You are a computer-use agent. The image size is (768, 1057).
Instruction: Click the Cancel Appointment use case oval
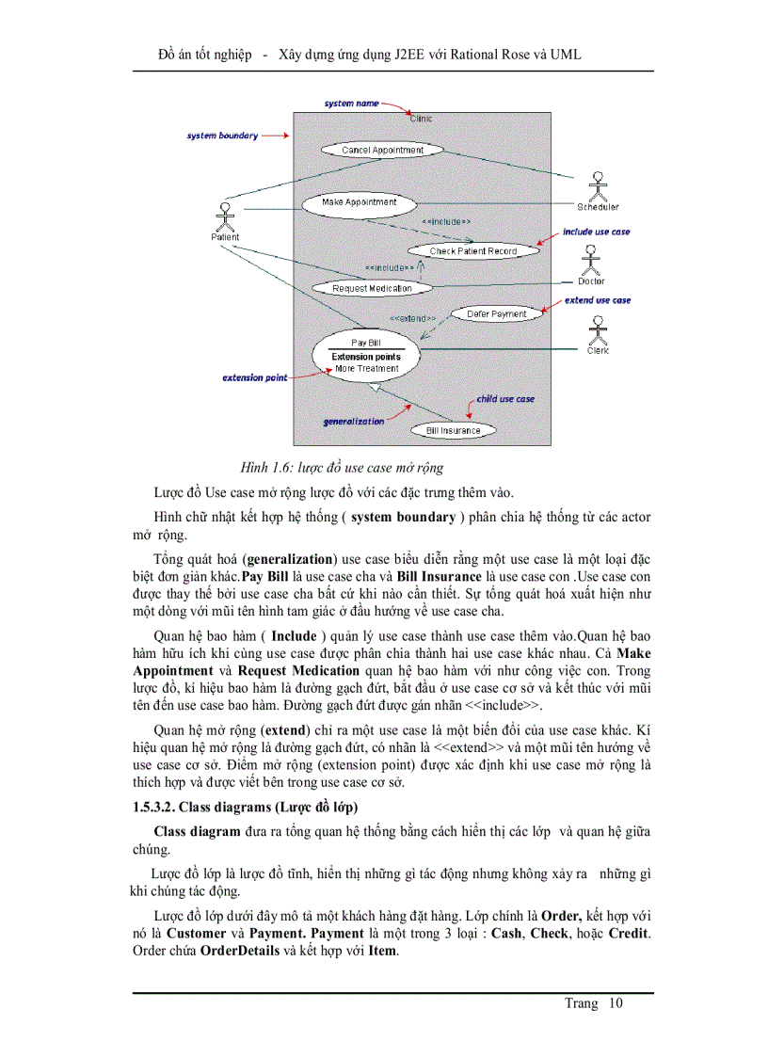pyautogui.click(x=382, y=150)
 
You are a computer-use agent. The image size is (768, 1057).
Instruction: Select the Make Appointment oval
pyautogui.click(x=359, y=202)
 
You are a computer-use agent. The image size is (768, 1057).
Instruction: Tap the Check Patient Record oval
pyautogui.click(x=472, y=251)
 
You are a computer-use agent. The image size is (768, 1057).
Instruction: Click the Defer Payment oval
pyautogui.click(x=497, y=313)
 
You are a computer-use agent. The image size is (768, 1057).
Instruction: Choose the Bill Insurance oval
pyautogui.click(x=453, y=430)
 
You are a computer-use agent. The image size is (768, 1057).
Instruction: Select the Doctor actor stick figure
pyautogui.click(x=591, y=260)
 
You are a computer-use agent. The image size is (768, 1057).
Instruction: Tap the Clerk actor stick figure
pyautogui.click(x=597, y=329)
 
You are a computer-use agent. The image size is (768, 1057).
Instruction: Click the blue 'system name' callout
pyautogui.click(x=351, y=103)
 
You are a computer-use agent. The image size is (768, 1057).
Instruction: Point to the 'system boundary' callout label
pyautogui.click(x=222, y=136)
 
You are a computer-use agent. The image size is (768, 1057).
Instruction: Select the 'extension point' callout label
pyautogui.click(x=255, y=378)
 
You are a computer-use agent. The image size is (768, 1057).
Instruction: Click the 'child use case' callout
pyautogui.click(x=504, y=399)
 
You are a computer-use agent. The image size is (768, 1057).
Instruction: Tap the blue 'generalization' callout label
pyautogui.click(x=354, y=422)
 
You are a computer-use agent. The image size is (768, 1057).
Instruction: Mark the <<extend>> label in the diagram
pyautogui.click(x=412, y=319)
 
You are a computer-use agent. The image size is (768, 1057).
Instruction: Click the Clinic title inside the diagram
pyautogui.click(x=422, y=119)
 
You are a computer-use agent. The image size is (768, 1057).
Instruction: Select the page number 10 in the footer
pyautogui.click(x=616, y=1003)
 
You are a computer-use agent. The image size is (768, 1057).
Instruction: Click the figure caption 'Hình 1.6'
pyautogui.click(x=342, y=467)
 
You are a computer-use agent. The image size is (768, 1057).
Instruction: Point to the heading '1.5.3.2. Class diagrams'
pyautogui.click(x=245, y=808)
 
